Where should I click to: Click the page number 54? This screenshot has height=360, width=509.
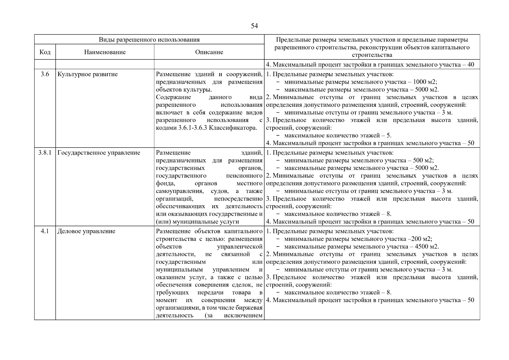[254, 26]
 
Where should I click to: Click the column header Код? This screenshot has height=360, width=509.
[45, 52]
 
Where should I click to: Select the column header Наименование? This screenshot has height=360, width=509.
[105, 52]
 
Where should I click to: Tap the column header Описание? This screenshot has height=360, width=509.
[209, 52]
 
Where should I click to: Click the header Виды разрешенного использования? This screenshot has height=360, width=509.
[149, 40]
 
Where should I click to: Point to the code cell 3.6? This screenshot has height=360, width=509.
[45, 74]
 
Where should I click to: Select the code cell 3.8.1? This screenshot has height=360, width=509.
[45, 153]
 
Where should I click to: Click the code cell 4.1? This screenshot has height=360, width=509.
[45, 231]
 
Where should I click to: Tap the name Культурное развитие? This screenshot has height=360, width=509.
[88, 74]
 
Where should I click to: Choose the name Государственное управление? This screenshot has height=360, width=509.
[99, 153]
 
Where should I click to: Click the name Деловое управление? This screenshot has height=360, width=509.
[86, 231]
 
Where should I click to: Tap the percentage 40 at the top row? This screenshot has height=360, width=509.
[471, 65]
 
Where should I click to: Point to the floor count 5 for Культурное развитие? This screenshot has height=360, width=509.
[389, 136]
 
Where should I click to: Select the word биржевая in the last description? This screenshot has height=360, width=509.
[250, 308]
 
